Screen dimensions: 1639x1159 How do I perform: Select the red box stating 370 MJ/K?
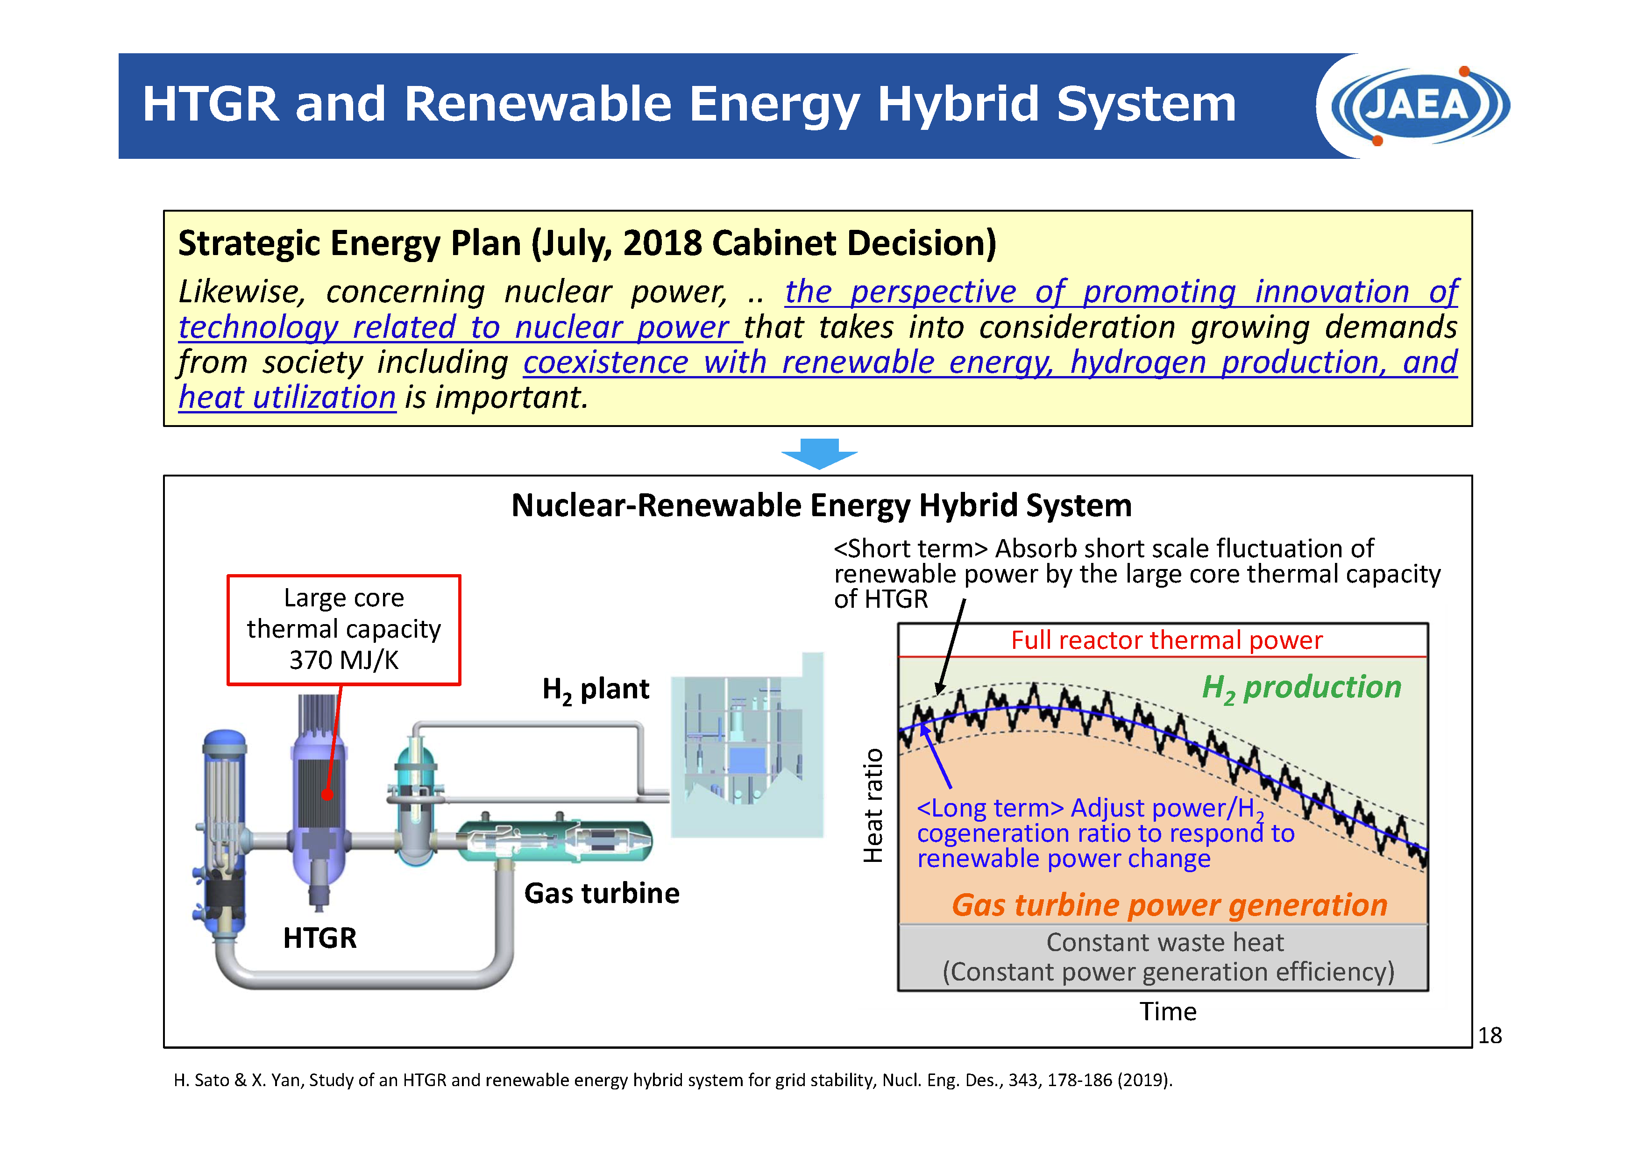tap(343, 629)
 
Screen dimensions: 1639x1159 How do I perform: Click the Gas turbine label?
tap(602, 893)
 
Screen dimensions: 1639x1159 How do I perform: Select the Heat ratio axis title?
tap(873, 805)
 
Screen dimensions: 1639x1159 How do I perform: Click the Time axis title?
tap(1168, 1011)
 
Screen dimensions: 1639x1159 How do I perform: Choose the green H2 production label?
tap(1301, 688)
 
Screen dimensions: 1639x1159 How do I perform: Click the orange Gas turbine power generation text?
tap(1169, 905)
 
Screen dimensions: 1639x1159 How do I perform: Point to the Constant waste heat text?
tap(1165, 943)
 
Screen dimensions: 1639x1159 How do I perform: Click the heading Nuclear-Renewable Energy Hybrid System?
tap(822, 505)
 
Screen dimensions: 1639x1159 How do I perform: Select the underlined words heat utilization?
tap(287, 397)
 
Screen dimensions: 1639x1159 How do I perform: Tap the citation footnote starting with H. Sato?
tap(673, 1080)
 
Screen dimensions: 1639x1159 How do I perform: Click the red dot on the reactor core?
tap(327, 795)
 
